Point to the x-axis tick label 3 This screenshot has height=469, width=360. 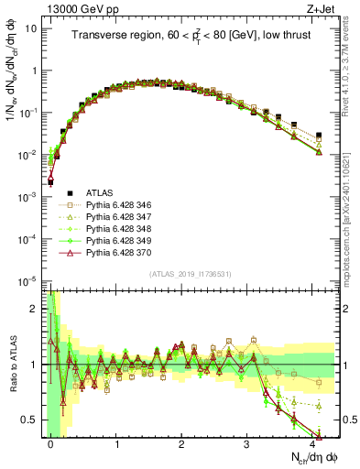click(247, 443)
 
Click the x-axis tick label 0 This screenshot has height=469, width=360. click(51, 443)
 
